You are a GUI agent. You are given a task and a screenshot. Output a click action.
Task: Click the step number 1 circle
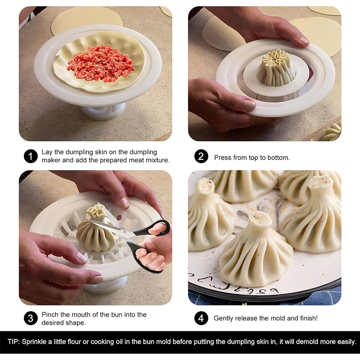click(x=31, y=156)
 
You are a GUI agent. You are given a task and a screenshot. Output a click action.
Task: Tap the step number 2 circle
click(x=201, y=156)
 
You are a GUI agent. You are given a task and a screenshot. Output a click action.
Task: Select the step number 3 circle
click(x=31, y=318)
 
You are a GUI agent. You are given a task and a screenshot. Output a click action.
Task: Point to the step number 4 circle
click(x=201, y=318)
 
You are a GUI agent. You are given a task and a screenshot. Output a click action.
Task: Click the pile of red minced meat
click(x=100, y=63)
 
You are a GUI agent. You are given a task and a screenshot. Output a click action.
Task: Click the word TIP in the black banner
click(x=13, y=342)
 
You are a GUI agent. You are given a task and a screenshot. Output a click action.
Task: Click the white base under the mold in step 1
click(x=103, y=112)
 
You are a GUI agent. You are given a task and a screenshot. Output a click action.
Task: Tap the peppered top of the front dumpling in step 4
click(x=260, y=218)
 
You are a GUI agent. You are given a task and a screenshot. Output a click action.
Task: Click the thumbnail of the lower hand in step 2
click(x=250, y=105)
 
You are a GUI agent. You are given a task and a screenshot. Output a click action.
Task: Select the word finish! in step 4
click(x=309, y=318)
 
